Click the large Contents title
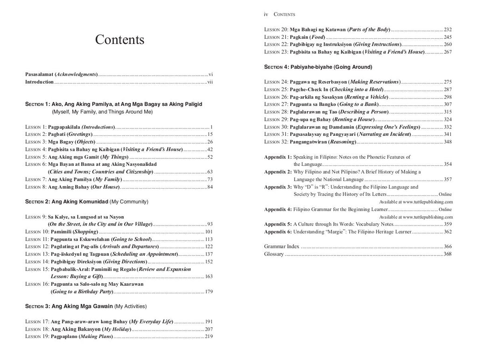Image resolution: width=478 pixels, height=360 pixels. (119, 40)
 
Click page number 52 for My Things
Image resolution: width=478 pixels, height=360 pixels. (210, 157)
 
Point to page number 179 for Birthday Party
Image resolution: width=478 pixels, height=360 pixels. (209, 291)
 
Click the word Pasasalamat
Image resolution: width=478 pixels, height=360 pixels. (39, 74)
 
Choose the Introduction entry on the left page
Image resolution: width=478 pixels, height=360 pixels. (39, 82)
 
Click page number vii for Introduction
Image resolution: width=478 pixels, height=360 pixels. (210, 82)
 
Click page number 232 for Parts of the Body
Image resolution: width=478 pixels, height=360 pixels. (448, 29)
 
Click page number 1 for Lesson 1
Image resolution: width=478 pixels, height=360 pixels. (211, 127)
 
